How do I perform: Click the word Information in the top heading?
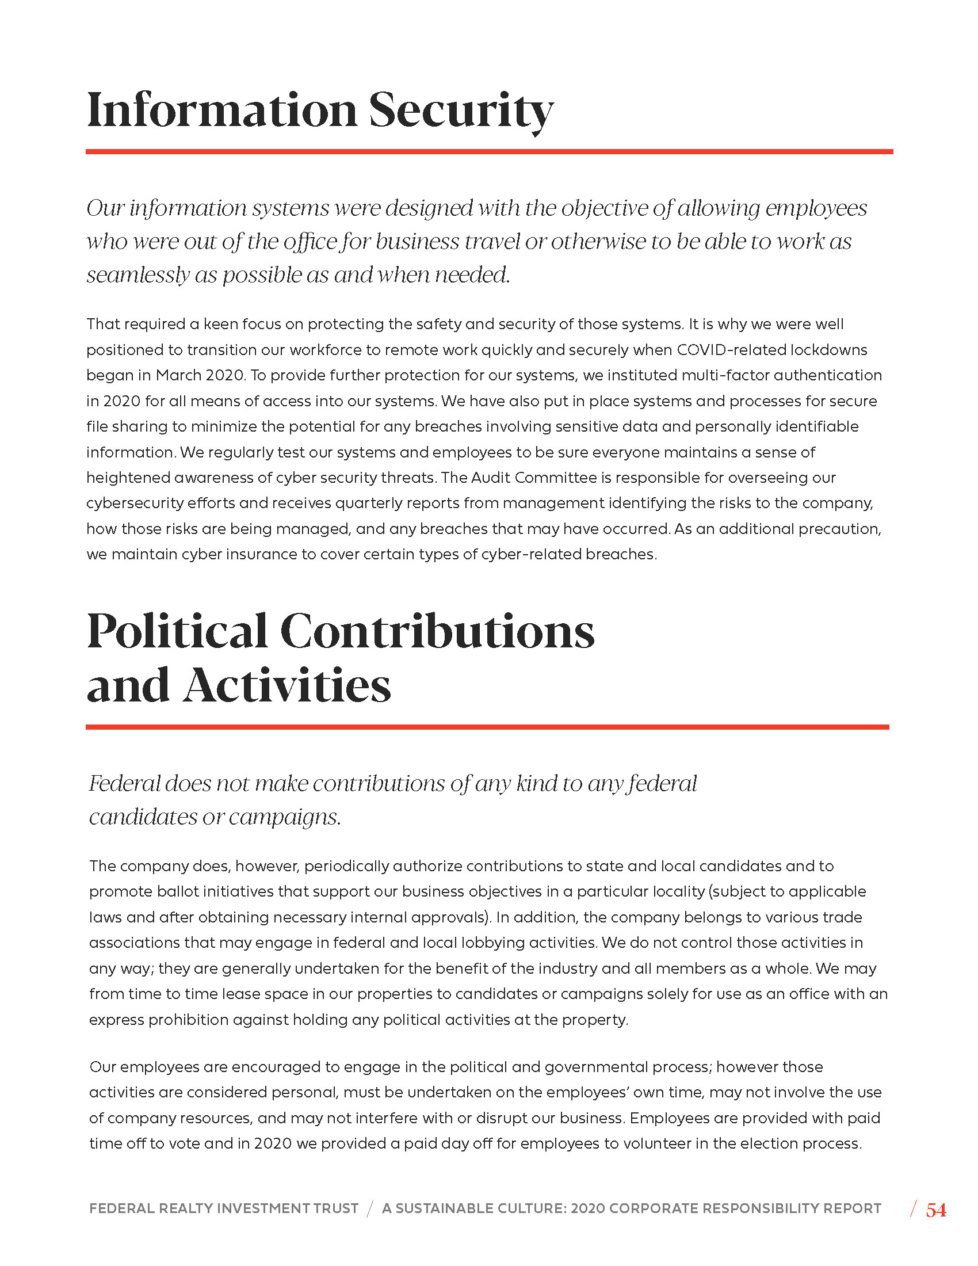tap(222, 110)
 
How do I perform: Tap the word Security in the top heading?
tap(461, 110)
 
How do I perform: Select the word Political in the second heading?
tap(177, 631)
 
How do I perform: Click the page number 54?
tap(936, 1210)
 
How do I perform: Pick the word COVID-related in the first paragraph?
tap(736, 350)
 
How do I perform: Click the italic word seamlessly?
tap(138, 275)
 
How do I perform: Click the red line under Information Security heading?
tap(489, 152)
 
